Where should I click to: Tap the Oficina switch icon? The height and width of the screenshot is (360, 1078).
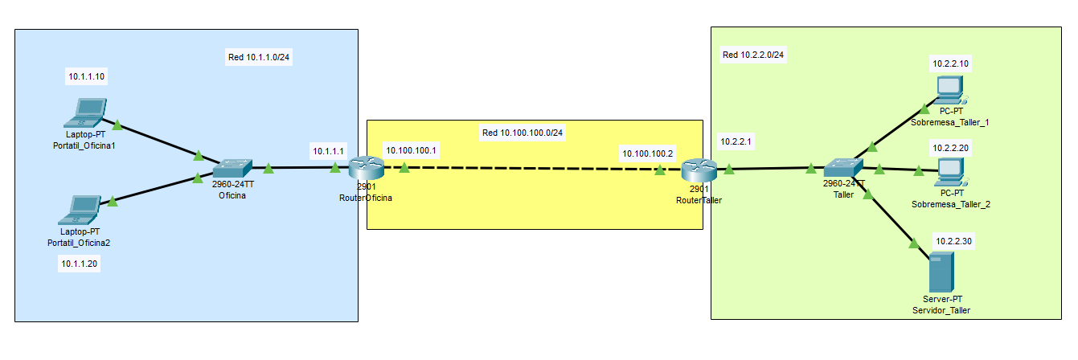tap(232, 168)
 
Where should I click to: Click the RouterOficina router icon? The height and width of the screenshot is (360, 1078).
tap(366, 167)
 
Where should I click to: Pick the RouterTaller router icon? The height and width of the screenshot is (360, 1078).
tap(699, 170)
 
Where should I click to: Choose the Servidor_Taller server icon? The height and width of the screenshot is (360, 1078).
tap(940, 272)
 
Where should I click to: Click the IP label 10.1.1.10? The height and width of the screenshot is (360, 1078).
tap(87, 77)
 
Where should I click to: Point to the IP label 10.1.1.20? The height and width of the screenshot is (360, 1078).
tap(80, 263)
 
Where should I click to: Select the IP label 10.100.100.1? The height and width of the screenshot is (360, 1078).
tap(412, 150)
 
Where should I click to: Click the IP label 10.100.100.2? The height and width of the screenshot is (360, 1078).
tap(647, 152)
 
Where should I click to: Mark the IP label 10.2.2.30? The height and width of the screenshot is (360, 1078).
tap(953, 241)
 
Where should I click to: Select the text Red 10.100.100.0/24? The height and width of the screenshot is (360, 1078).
tap(523, 133)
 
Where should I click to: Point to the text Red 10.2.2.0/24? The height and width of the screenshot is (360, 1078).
tap(754, 55)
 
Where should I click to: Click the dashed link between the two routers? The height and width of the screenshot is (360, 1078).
tap(531, 169)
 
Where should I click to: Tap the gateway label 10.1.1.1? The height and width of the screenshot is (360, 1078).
tap(328, 150)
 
